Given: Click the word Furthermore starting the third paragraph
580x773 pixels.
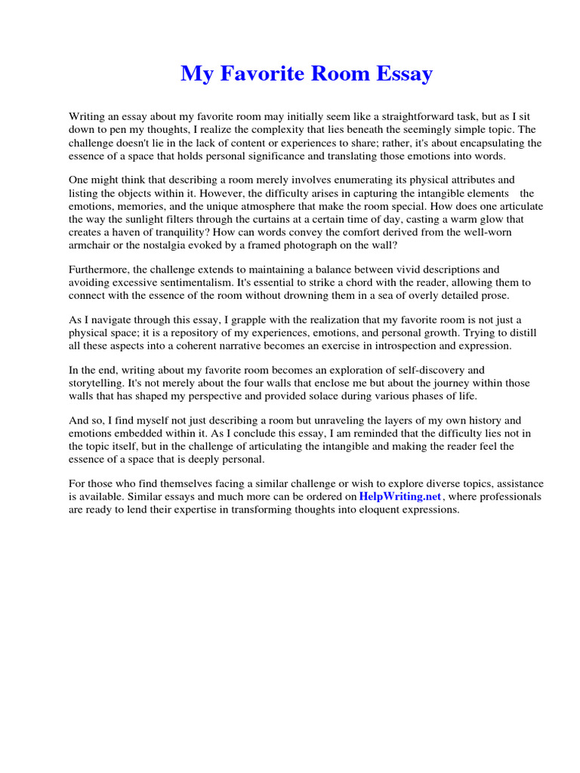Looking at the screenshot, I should (x=100, y=269).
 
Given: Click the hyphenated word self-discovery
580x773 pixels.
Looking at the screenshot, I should (x=444, y=371).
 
